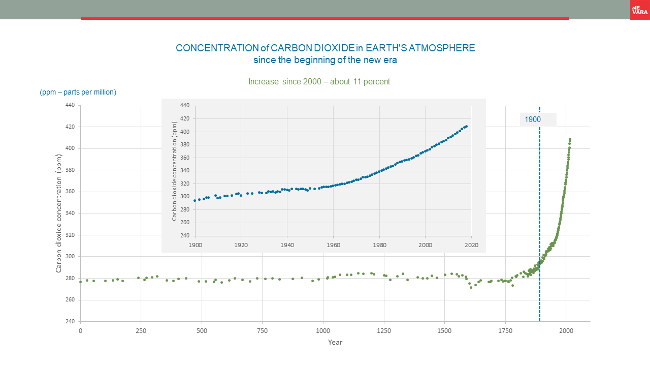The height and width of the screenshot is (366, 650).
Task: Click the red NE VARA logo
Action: [x=639, y=10]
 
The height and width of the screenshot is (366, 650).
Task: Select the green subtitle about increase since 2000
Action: [x=319, y=81]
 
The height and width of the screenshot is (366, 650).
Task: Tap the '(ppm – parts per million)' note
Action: [x=78, y=92]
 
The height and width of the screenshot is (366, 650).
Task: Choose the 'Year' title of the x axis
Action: [x=335, y=342]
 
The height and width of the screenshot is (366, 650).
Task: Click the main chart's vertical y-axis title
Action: [x=59, y=213]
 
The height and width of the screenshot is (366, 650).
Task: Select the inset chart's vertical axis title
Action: [x=174, y=171]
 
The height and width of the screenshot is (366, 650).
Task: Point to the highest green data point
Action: [x=570, y=139]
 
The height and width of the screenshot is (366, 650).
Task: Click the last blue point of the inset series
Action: [x=466, y=126]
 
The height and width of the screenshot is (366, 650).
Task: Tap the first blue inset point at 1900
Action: [x=195, y=200]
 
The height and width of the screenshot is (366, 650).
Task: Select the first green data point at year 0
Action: [x=80, y=282]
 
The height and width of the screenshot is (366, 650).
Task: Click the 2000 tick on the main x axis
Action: [x=566, y=330]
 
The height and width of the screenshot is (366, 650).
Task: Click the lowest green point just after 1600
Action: [x=471, y=287]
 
